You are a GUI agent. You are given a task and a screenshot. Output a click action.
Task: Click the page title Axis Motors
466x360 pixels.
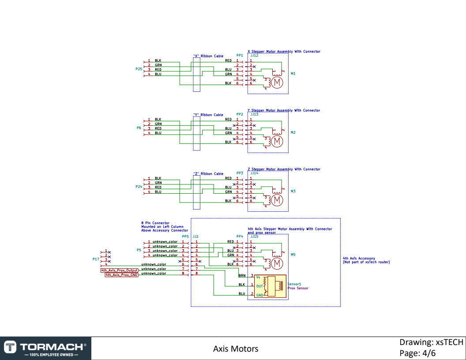[236, 349]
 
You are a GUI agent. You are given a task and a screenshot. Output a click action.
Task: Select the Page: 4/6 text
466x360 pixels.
[417, 353]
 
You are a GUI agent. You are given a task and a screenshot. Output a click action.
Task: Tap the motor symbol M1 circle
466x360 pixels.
[277, 82]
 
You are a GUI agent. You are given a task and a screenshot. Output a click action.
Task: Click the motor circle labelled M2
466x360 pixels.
[277, 142]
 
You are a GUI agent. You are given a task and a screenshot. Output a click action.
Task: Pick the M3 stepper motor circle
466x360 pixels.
[277, 200]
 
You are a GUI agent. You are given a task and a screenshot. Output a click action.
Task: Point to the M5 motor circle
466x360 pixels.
[277, 263]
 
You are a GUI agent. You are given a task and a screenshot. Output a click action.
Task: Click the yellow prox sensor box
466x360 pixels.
[270, 285]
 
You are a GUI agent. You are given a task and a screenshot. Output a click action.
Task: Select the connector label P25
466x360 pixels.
[139, 69]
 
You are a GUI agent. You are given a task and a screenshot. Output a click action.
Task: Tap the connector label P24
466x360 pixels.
[139, 187]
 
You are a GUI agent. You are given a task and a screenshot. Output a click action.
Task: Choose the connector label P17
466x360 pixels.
[95, 259]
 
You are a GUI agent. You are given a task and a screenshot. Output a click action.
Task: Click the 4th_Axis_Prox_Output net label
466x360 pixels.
[119, 270]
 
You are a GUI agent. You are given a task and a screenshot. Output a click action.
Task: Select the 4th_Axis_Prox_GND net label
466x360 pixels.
[121, 274]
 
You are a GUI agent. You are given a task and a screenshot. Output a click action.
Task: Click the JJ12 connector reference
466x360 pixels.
[254, 56]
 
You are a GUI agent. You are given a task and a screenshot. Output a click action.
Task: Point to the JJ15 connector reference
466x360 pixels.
[254, 237]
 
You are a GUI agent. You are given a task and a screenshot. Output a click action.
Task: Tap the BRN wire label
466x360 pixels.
[242, 275]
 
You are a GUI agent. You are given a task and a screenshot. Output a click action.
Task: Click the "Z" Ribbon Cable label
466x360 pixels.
[208, 174]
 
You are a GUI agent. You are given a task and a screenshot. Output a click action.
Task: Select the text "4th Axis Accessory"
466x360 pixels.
[359, 258]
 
